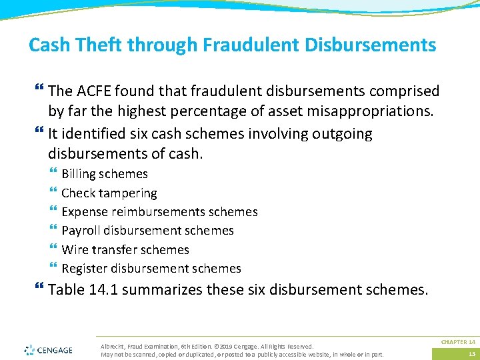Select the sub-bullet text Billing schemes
coord(105,174)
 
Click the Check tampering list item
coord(109,193)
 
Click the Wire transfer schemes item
coord(125,250)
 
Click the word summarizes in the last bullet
coord(168,291)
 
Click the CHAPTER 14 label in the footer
coord(458,342)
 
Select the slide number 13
coord(471,354)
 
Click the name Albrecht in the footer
coord(111,347)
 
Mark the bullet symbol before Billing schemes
coord(53,174)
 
